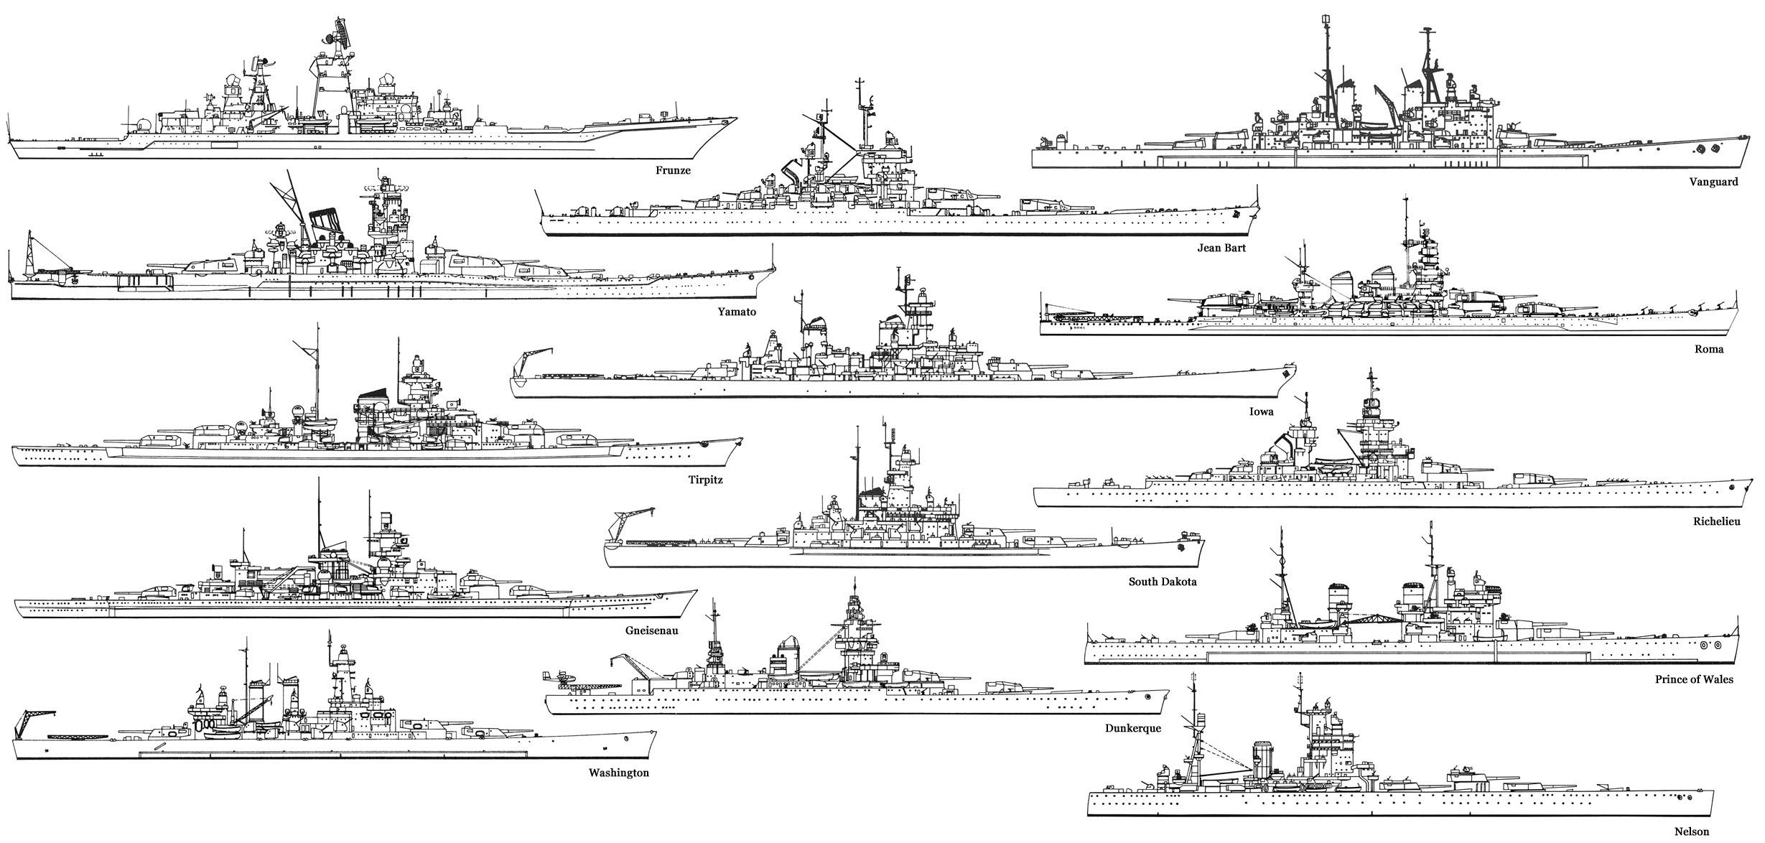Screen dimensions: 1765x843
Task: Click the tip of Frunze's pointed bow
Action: click(x=737, y=118)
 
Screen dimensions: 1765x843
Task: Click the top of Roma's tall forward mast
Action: click(x=1406, y=196)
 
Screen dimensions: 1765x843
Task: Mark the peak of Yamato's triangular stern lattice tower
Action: click(x=29, y=232)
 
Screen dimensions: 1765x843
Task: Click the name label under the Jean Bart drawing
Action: click(x=1221, y=248)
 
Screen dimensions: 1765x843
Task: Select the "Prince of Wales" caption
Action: click(x=1694, y=679)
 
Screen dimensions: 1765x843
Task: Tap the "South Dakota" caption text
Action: click(x=1163, y=582)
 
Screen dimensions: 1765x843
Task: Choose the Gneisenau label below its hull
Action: click(x=652, y=630)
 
